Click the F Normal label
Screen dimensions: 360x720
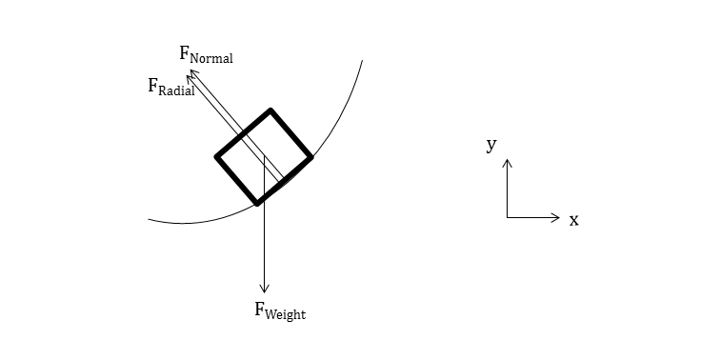[x=206, y=54]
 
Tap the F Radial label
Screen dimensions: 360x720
[x=170, y=88]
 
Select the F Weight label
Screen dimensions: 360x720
[x=280, y=310]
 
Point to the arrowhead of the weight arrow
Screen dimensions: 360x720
[x=265, y=289]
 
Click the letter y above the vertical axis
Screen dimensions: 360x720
[x=491, y=145]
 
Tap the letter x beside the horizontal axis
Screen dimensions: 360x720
[x=574, y=220]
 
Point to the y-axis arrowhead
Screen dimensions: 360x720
[x=508, y=163]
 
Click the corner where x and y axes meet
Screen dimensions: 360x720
[x=508, y=218]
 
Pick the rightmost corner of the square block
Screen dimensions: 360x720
[x=310, y=156]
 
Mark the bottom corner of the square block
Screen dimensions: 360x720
[x=257, y=202]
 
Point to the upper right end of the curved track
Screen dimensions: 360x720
[x=362, y=61]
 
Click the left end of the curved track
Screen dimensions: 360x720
[x=150, y=220]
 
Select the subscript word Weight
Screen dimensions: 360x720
[x=287, y=313]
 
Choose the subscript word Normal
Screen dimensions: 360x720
[x=212, y=58]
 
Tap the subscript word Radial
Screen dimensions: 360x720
[x=177, y=91]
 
